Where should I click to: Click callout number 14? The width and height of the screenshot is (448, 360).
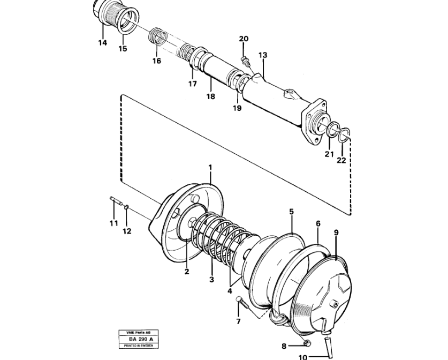point(103,43)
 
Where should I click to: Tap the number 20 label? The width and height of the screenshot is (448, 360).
point(244,39)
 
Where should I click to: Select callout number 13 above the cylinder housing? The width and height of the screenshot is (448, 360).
point(263,55)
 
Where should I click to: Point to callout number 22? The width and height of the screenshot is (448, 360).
point(341,160)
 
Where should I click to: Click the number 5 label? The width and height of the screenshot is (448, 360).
point(291,212)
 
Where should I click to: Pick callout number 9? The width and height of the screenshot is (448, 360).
point(336,232)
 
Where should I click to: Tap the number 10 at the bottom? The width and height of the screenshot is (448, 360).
point(303,357)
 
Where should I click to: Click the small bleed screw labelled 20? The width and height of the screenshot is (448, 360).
point(245,61)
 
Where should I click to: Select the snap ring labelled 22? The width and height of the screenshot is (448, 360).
point(344,134)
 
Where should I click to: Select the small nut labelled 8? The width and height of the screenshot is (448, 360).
point(307,342)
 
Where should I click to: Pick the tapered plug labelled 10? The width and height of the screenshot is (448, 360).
point(328,346)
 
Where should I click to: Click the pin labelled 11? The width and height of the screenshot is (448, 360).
point(117,201)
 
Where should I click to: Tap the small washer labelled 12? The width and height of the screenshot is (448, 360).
point(127,206)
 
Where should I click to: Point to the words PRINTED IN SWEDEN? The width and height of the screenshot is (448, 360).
point(139,346)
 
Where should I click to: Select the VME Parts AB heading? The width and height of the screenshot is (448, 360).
point(138,333)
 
